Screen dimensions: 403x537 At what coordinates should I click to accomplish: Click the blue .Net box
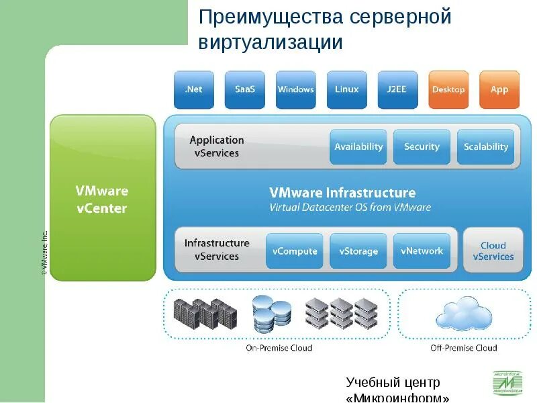[x=193, y=89]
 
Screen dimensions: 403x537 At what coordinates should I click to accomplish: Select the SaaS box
[x=244, y=89]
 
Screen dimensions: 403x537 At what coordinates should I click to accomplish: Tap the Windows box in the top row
[x=295, y=89]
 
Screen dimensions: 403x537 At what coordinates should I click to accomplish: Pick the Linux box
[x=346, y=89]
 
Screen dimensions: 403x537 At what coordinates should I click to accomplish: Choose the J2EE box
[x=397, y=89]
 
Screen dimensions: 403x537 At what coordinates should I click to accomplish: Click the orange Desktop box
[x=448, y=89]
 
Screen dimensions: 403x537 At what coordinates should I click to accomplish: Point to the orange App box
[x=499, y=89]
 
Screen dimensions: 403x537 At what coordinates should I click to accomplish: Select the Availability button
[x=358, y=146]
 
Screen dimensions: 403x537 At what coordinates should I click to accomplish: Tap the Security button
[x=422, y=146]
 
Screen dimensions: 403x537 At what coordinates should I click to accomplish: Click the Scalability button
[x=486, y=146]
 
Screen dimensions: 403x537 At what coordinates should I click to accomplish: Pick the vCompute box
[x=295, y=251]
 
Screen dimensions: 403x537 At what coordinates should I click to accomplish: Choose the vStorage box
[x=358, y=251]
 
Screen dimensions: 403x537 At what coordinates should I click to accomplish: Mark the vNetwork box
[x=422, y=251]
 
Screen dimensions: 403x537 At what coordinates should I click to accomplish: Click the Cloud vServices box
[x=493, y=251]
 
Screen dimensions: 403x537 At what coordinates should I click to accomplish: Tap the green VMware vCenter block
[x=102, y=198]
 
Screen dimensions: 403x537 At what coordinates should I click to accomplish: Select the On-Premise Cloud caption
[x=279, y=348]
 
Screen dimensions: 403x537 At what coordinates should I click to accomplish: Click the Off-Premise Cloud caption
[x=463, y=348]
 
